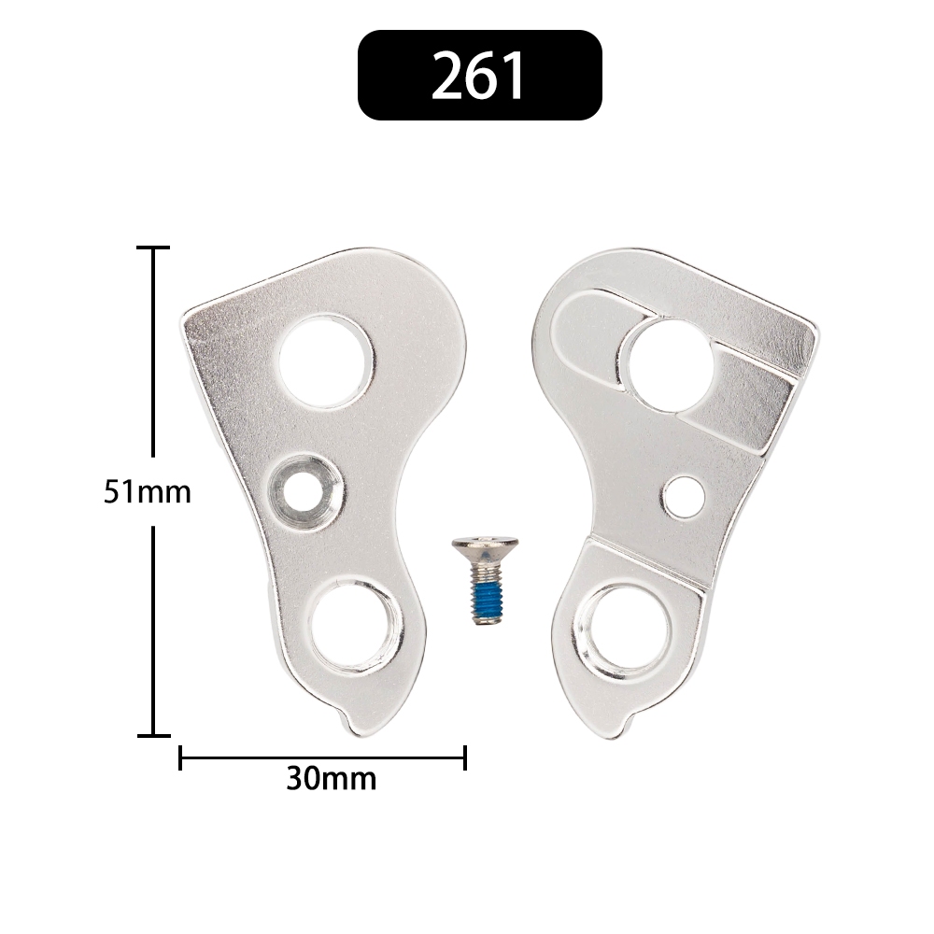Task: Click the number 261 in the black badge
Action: click(x=477, y=76)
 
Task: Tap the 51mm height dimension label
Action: click(x=148, y=492)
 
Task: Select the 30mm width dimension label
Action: click(x=332, y=779)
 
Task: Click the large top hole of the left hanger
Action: click(x=326, y=361)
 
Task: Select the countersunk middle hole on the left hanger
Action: click(x=304, y=492)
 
